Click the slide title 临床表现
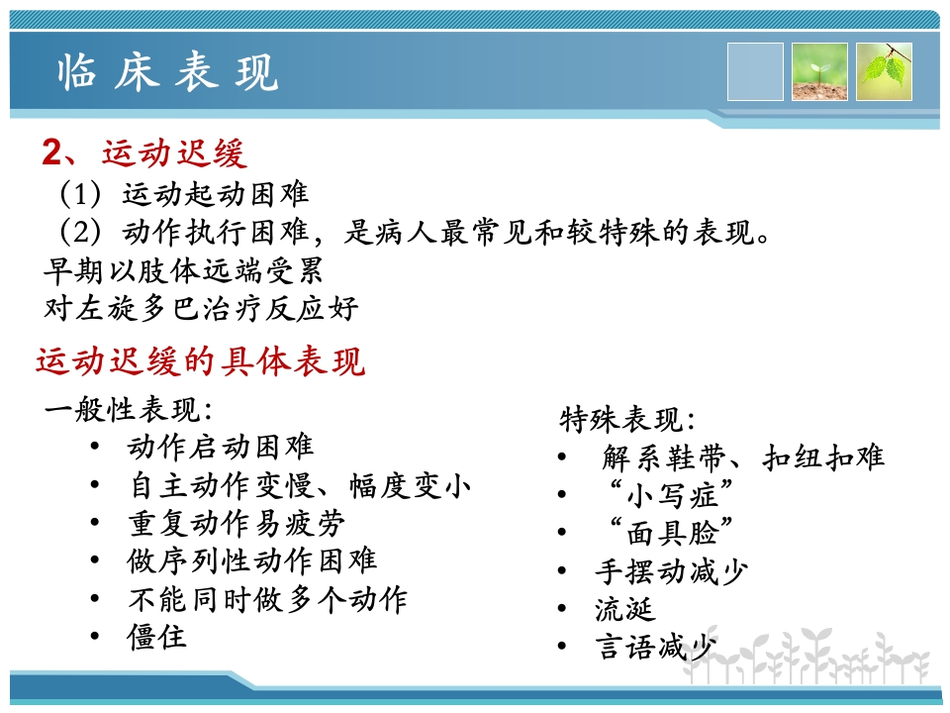pyautogui.click(x=168, y=73)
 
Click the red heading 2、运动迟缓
pyautogui.click(x=144, y=153)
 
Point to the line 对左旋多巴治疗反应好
pyautogui.click(x=201, y=307)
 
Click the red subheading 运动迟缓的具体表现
pyautogui.click(x=201, y=361)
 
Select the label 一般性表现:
pyautogui.click(x=129, y=410)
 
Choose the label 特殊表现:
pyautogui.click(x=627, y=419)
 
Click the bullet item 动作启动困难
pyautogui.click(x=220, y=448)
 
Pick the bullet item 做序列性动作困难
pyautogui.click(x=251, y=560)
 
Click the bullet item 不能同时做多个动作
pyautogui.click(x=267, y=598)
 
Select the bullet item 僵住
pyautogui.click(x=156, y=636)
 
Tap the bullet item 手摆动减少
pyautogui.click(x=671, y=570)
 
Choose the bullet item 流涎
pyautogui.click(x=624, y=608)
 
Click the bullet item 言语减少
pyautogui.click(x=655, y=647)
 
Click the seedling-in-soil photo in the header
pyautogui.click(x=819, y=72)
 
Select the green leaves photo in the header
pyautogui.click(x=884, y=72)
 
